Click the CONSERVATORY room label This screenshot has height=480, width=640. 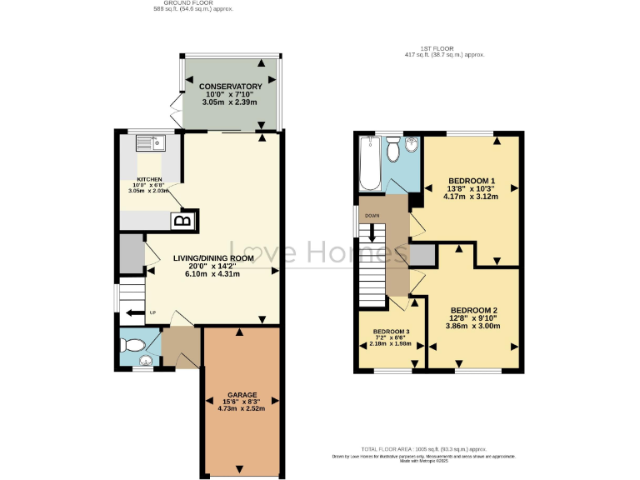pyautogui.click(x=229, y=87)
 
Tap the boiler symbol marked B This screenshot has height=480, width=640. pyautogui.click(x=182, y=221)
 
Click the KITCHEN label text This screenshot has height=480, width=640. pyautogui.click(x=149, y=179)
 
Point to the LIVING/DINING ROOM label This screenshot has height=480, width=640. pyautogui.click(x=212, y=258)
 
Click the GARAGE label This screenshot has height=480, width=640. pyautogui.click(x=242, y=394)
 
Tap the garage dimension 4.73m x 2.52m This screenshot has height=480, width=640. pyautogui.click(x=242, y=408)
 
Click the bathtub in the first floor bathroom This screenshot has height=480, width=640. pyautogui.click(x=369, y=164)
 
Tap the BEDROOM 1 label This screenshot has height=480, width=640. pyautogui.click(x=472, y=181)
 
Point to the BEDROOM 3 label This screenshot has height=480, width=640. pyautogui.click(x=391, y=331)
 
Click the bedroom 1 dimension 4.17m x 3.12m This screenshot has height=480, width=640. pyautogui.click(x=472, y=197)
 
